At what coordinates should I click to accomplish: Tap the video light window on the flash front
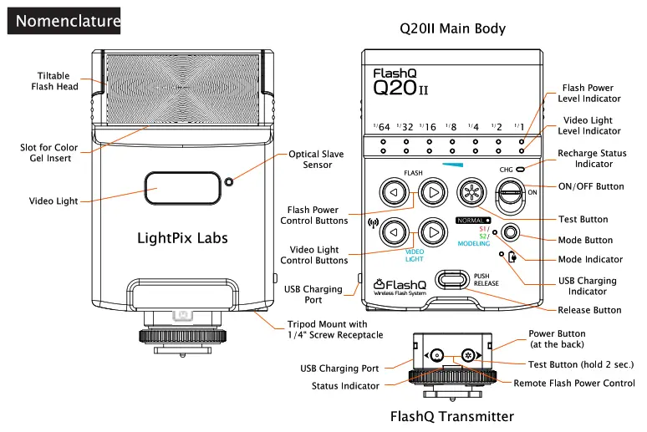(177, 191)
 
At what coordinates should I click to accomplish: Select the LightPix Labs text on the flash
(182, 239)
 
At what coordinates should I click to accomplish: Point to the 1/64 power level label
(382, 126)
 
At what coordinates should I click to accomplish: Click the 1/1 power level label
(520, 126)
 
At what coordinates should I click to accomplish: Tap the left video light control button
(393, 230)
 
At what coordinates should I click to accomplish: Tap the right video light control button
(432, 230)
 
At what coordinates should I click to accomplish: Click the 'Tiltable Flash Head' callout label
(55, 81)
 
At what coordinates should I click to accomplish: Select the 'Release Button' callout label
(589, 310)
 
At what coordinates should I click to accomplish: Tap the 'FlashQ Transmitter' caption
(452, 416)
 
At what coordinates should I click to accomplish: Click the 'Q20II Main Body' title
(453, 29)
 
